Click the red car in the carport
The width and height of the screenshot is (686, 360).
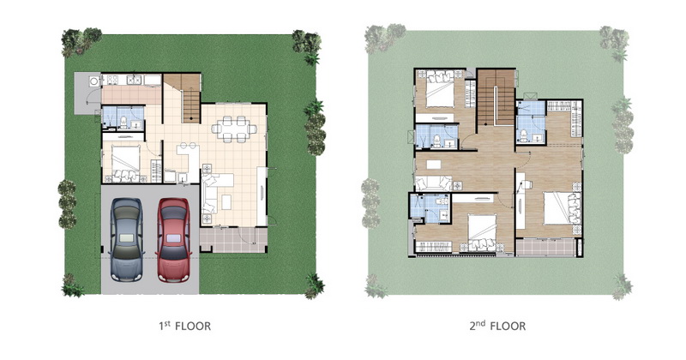click(x=174, y=240)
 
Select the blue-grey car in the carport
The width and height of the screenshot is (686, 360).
click(x=126, y=240)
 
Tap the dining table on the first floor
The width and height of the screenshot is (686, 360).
click(x=234, y=129)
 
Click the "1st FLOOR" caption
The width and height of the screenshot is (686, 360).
click(x=184, y=326)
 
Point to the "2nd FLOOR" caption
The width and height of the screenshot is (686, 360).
click(x=497, y=326)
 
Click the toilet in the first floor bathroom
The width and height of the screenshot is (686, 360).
click(x=123, y=122)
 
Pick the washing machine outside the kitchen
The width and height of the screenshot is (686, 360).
click(x=93, y=81)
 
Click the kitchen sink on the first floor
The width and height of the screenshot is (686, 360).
click(x=134, y=80)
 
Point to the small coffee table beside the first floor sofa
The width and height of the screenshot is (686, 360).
click(x=226, y=202)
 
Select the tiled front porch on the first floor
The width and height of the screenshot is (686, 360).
click(x=233, y=240)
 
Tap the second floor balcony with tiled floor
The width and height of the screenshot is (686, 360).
click(x=546, y=247)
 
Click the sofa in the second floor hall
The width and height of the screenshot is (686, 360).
click(x=433, y=183)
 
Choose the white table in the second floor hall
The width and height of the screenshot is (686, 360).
click(x=434, y=164)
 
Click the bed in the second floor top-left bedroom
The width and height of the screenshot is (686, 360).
click(x=440, y=90)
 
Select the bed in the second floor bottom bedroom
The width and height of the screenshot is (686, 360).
click(x=482, y=232)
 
